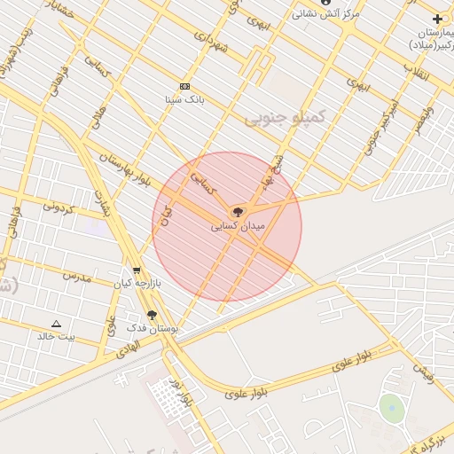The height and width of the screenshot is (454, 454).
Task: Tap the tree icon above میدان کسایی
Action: point(237,212)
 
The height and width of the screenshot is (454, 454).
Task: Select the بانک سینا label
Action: point(184,100)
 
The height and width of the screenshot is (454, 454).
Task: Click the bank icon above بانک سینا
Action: point(184,86)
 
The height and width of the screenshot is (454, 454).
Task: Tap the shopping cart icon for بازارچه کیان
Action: point(136,270)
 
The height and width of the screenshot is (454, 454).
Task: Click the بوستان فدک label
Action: point(153,328)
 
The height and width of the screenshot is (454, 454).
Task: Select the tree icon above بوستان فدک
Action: point(152,314)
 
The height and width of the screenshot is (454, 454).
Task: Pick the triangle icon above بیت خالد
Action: point(57,324)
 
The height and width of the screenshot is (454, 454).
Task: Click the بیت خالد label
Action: point(56,337)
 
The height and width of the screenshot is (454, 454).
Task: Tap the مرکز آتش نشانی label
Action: point(326,15)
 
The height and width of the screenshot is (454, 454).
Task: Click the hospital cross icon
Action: point(437,19)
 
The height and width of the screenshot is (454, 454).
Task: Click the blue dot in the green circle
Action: point(391,409)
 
